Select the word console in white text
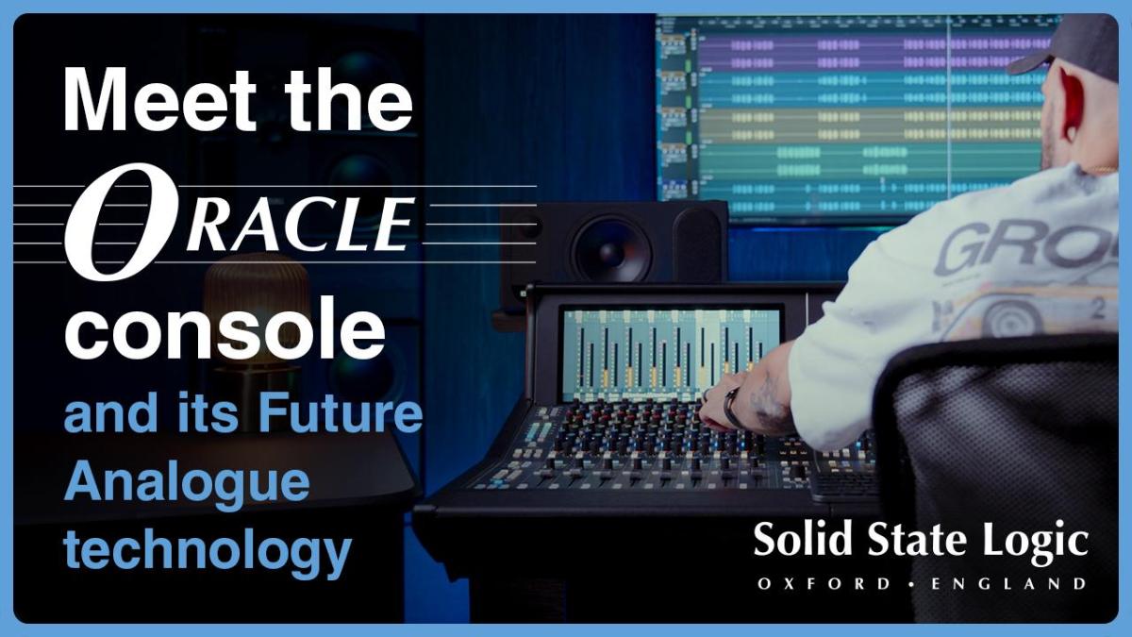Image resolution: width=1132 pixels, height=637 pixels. coord(225,328)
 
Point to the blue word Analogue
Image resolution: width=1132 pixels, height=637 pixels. coord(187,484)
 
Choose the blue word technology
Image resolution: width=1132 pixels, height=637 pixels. coord(208,552)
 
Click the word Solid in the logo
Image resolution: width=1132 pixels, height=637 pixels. coord(804,540)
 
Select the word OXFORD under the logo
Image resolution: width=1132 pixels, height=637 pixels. coord(824,584)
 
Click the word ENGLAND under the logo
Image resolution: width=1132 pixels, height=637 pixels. coord(1008,584)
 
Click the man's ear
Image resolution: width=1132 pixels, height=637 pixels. coord(1073,108)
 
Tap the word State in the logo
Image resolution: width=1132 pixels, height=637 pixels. coord(917,540)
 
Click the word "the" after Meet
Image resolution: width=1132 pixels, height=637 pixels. coord(349,99)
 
